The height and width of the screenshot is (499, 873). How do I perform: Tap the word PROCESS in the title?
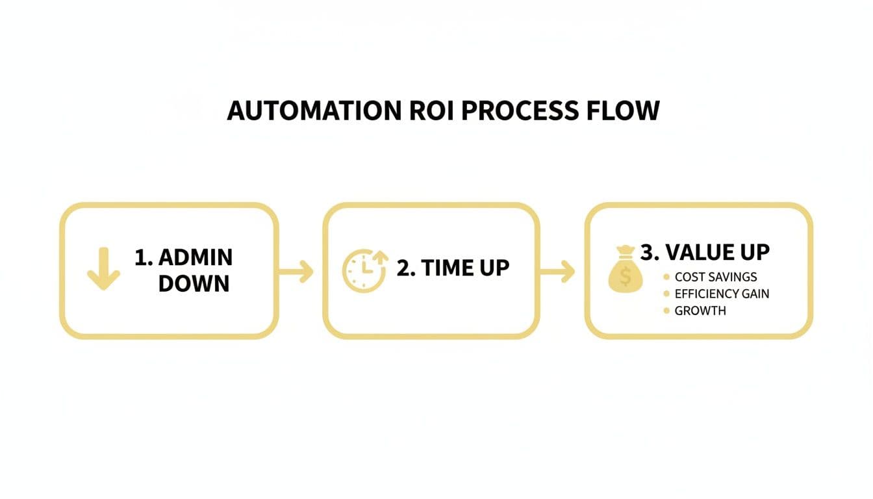pyautogui.click(x=519, y=110)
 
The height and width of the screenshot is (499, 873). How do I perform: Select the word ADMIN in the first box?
pyautogui.click(x=195, y=257)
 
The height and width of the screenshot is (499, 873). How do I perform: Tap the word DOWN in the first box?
pyautogui.click(x=194, y=283)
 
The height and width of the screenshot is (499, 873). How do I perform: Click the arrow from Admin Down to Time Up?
pyautogui.click(x=297, y=272)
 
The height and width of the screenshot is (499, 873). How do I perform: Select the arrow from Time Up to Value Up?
pyautogui.click(x=558, y=272)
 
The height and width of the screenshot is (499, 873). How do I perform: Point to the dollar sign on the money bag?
pyautogui.click(x=625, y=277)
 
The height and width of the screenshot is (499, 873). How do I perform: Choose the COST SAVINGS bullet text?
pyautogui.click(x=716, y=277)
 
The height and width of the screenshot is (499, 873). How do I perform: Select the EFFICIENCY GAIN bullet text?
pyautogui.click(x=722, y=294)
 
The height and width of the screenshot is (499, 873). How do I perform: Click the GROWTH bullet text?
pyautogui.click(x=700, y=311)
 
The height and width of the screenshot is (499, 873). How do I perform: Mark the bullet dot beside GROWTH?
pyautogui.click(x=666, y=311)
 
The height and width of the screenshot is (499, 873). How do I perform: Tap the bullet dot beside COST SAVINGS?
pyautogui.click(x=666, y=277)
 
